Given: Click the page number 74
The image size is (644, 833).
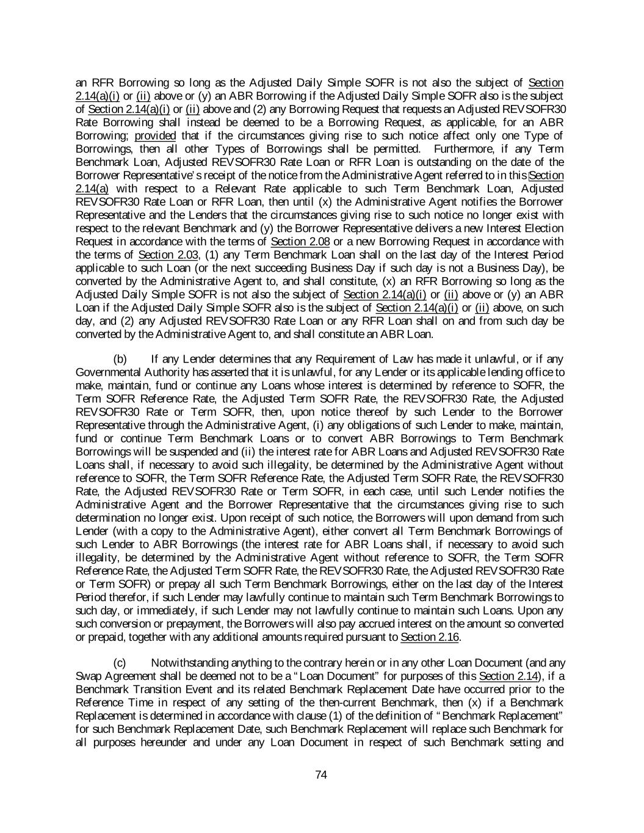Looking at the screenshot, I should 322,775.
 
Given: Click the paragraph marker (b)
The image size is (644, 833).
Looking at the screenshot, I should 120,359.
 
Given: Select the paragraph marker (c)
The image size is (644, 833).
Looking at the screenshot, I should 120,663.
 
